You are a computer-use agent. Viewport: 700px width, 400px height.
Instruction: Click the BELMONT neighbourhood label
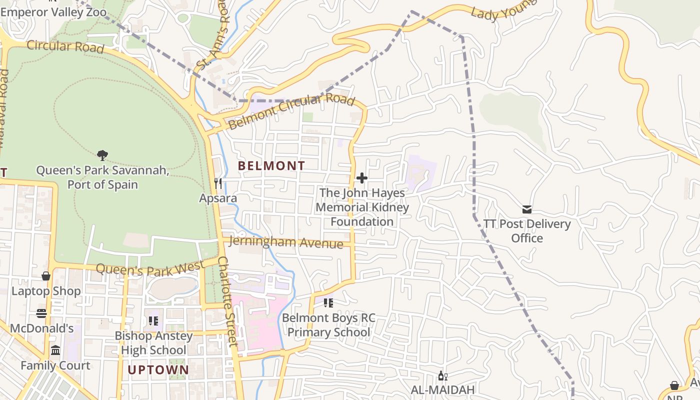pyautogui.click(x=271, y=165)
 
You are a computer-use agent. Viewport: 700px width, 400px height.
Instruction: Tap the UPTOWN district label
pyautogui.click(x=158, y=370)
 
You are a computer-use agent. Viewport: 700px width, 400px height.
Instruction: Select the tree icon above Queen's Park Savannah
pyautogui.click(x=102, y=155)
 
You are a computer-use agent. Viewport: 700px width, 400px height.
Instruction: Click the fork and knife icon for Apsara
pyautogui.click(x=218, y=183)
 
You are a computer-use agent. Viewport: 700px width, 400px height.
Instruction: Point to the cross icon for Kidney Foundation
pyautogui.click(x=362, y=178)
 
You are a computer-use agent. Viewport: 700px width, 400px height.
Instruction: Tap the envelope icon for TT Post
pyautogui.click(x=526, y=209)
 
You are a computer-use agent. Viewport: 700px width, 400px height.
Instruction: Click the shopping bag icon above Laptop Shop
pyautogui.click(x=46, y=276)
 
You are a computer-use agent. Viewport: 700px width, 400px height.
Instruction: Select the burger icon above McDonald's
pyautogui.click(x=41, y=313)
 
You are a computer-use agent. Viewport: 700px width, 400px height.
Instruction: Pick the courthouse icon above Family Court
pyautogui.click(x=55, y=350)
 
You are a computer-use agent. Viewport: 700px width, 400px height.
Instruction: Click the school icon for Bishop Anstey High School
pyautogui.click(x=153, y=320)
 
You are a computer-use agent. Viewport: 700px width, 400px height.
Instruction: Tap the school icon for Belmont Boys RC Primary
pyautogui.click(x=328, y=302)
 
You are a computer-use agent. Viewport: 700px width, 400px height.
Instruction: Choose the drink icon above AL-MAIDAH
pyautogui.click(x=442, y=375)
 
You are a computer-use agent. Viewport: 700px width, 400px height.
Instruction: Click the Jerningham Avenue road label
pyautogui.click(x=285, y=242)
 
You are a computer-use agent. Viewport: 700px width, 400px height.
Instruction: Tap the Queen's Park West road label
pyautogui.click(x=149, y=268)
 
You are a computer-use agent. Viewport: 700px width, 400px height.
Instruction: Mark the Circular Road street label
pyautogui.click(x=65, y=46)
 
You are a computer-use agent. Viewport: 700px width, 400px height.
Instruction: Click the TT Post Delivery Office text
pyautogui.click(x=527, y=230)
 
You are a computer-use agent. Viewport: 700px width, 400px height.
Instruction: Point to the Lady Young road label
pyautogui.click(x=503, y=10)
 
